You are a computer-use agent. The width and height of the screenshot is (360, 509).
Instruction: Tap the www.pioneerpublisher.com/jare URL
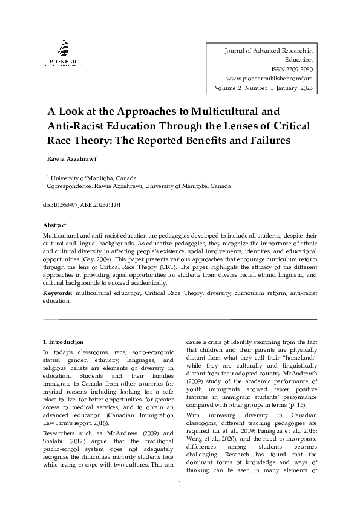coord(269,79)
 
